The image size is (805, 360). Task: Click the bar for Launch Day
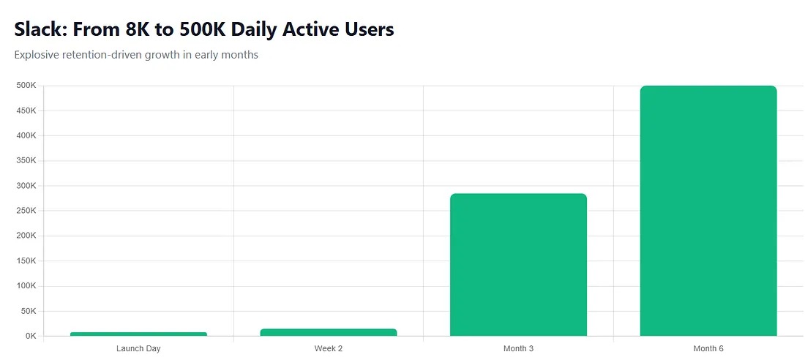click(138, 334)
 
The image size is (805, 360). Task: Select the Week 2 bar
click(329, 332)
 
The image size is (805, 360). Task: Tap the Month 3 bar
click(518, 264)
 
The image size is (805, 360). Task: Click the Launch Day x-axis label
click(138, 348)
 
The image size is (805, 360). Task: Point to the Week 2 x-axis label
click(329, 348)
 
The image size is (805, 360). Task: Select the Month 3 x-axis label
click(518, 348)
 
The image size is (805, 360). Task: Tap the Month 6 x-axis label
click(708, 348)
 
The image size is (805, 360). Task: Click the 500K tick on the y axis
click(26, 86)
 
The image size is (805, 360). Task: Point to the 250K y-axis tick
click(26, 211)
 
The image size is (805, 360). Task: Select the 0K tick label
click(30, 336)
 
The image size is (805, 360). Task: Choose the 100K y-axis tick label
click(26, 286)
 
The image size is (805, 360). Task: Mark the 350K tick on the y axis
click(26, 161)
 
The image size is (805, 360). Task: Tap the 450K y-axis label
click(26, 110)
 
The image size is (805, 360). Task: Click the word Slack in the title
click(37, 29)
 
